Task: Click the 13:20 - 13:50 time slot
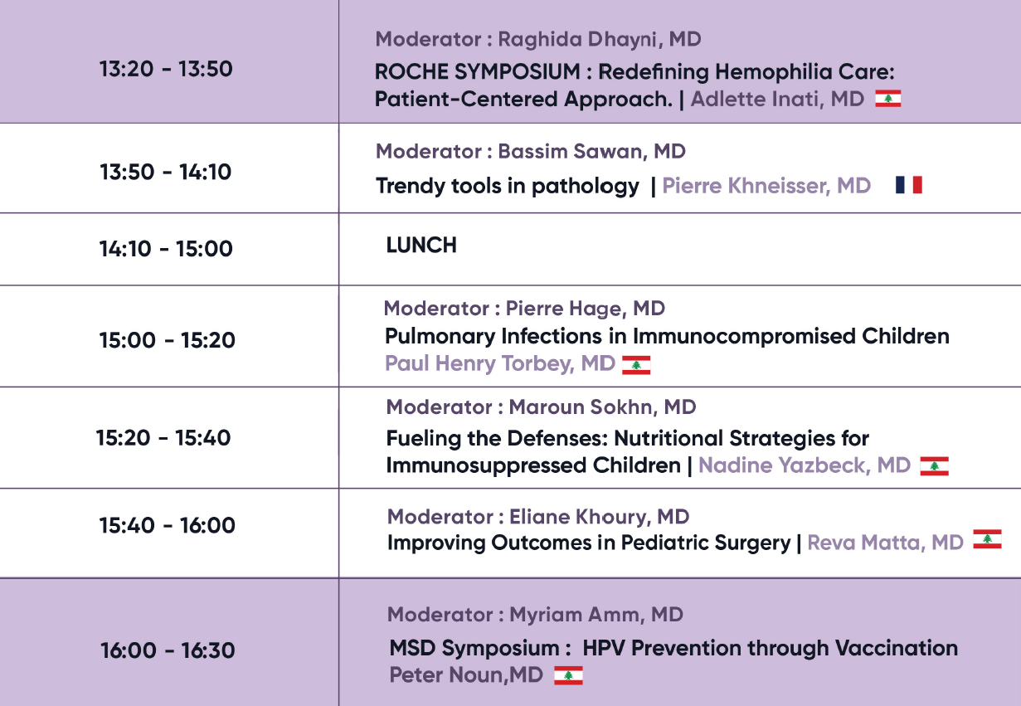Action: pyautogui.click(x=166, y=69)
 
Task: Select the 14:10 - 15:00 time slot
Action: pyautogui.click(x=166, y=249)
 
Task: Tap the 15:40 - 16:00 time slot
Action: pyautogui.click(x=168, y=525)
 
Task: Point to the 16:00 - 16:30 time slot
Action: pyautogui.click(x=168, y=650)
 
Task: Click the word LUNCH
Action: pyautogui.click(x=421, y=246)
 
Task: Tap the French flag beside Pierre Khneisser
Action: pyautogui.click(x=909, y=185)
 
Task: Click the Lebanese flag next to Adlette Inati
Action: pyautogui.click(x=888, y=99)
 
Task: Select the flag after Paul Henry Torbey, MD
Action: pyautogui.click(x=636, y=365)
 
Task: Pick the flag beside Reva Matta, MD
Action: pyautogui.click(x=987, y=539)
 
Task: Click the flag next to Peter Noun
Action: pyautogui.click(x=568, y=675)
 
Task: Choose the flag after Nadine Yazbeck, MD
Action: pyautogui.click(x=935, y=465)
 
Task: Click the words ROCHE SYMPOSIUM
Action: pyautogui.click(x=477, y=71)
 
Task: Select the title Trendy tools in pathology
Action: pyautogui.click(x=508, y=186)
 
